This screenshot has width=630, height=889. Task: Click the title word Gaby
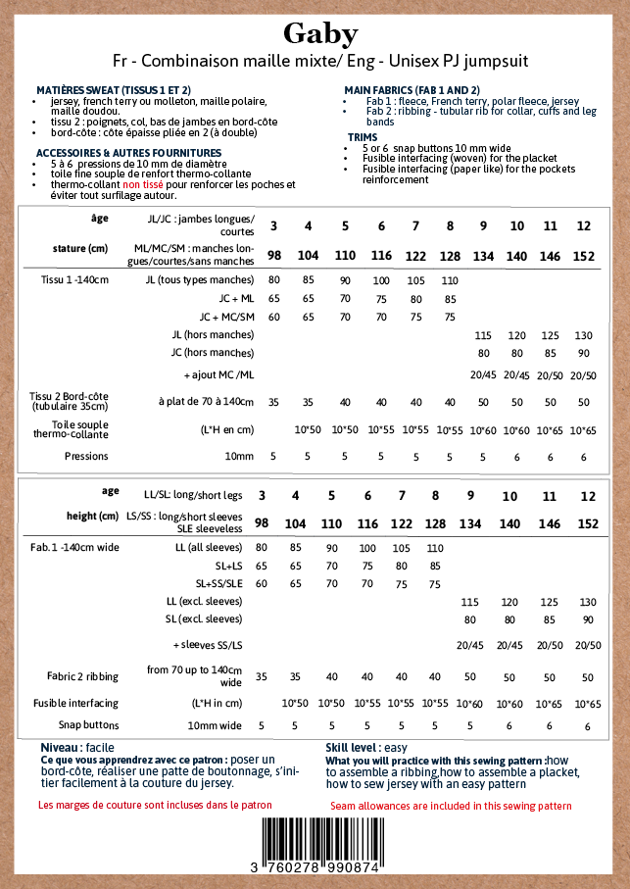click(320, 33)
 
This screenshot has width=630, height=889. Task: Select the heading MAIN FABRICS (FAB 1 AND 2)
click(412, 89)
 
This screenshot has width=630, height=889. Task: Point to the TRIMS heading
click(363, 137)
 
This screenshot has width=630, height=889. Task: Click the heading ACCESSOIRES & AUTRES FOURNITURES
click(128, 153)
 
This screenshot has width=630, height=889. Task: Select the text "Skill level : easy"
click(365, 747)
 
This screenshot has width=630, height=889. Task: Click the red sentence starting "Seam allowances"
click(450, 806)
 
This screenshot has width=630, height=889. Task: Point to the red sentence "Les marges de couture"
click(155, 805)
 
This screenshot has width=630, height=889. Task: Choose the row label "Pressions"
click(86, 456)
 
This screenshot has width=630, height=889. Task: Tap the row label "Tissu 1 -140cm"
click(74, 280)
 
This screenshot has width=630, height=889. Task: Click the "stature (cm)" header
click(80, 248)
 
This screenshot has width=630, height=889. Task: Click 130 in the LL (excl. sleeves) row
click(588, 602)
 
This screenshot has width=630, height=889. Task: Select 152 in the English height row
click(588, 524)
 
